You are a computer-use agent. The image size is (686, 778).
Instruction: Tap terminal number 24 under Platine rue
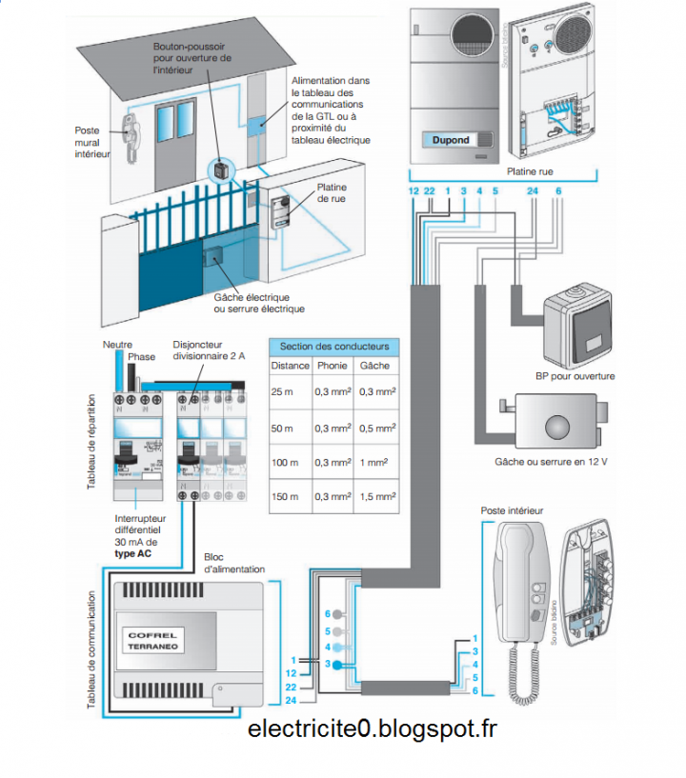(533, 191)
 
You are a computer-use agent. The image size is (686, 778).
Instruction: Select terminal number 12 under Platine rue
(413, 191)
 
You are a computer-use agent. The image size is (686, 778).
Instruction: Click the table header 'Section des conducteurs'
(333, 346)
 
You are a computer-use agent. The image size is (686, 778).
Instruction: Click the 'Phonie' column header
(333, 366)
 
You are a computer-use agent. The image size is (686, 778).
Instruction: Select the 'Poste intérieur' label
(513, 510)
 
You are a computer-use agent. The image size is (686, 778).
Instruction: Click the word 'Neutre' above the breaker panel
(117, 344)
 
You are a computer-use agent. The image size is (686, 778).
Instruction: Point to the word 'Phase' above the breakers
(141, 357)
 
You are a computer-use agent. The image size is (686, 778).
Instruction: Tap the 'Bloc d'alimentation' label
(234, 563)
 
